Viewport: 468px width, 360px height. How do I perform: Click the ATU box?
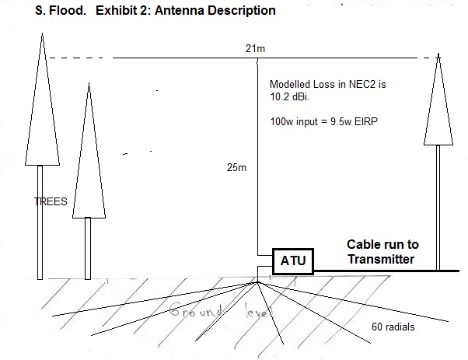point(293,261)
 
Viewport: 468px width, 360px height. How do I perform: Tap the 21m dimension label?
point(255,48)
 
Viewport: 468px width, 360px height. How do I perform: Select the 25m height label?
point(236,167)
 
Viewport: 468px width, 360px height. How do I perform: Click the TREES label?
point(51,201)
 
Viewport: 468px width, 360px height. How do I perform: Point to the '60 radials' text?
point(393,327)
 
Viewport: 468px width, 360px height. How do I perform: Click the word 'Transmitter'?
point(381,259)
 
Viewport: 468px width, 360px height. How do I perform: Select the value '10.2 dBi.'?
point(290,96)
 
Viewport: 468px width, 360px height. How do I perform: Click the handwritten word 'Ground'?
point(196,309)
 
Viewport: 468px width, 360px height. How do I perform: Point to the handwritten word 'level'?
point(258,311)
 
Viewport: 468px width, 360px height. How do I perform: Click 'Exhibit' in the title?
point(114,10)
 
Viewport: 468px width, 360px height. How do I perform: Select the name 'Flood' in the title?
point(67,10)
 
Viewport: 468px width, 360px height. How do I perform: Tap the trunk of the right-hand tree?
point(438,208)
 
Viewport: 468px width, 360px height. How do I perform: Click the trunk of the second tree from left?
point(88,248)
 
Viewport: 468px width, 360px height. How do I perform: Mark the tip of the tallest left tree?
point(43,33)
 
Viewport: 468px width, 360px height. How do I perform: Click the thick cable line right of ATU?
point(386,271)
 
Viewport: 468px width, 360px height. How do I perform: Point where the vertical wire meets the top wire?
point(257,58)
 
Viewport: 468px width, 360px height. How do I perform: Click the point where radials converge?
point(257,281)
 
